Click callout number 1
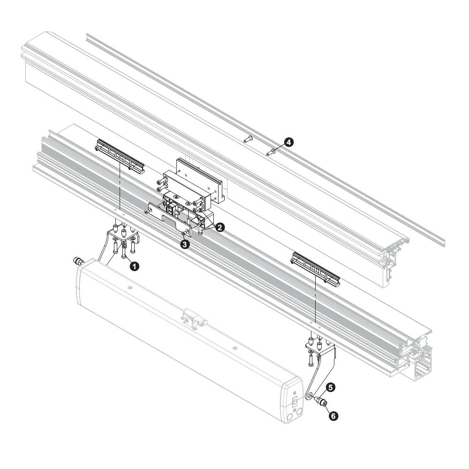click(135, 266)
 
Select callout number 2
click(219, 227)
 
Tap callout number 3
click(185, 244)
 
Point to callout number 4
click(288, 142)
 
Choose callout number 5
click(330, 388)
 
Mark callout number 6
click(333, 416)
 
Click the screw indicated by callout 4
click(271, 152)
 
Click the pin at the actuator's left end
click(78, 261)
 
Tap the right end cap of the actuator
click(293, 401)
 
